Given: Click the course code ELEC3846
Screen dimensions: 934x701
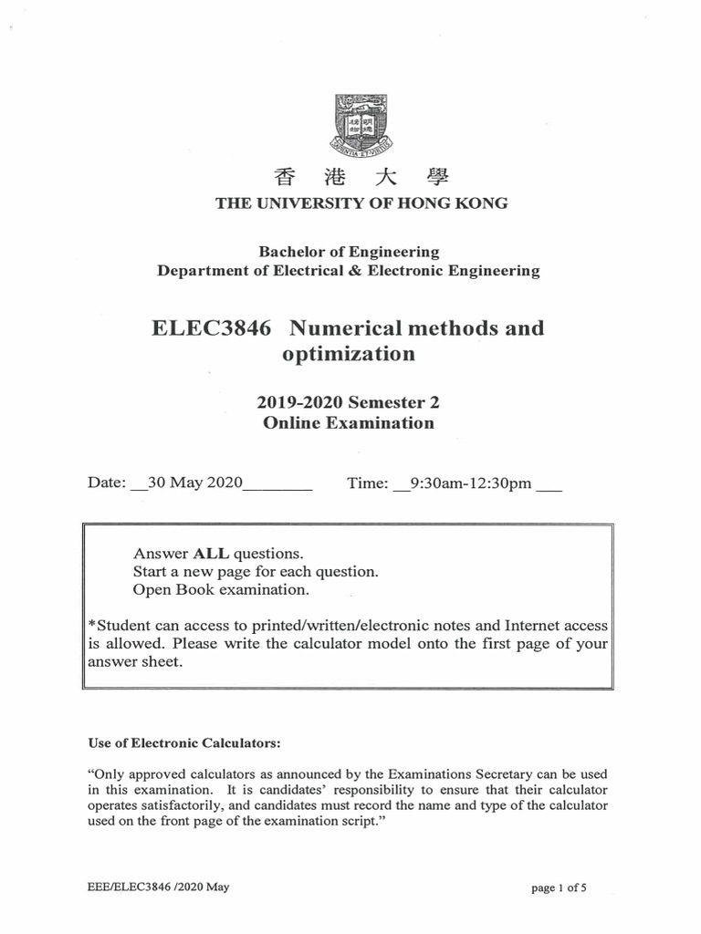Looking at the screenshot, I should coord(211,328).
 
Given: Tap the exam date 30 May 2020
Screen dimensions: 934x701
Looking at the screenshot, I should coord(194,484).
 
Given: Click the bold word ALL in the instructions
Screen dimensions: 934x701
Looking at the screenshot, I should coord(212,554).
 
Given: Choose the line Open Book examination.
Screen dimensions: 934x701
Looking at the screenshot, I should coord(221,590).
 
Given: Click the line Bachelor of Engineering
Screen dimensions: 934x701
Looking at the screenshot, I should coord(349,252).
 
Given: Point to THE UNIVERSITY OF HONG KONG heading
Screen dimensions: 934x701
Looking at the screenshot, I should coord(361,203).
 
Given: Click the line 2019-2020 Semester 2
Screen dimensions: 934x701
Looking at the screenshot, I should coord(349,401).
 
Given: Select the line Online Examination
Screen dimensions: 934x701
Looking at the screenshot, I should coord(349,423).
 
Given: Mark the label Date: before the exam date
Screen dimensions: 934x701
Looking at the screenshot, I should coord(107,484).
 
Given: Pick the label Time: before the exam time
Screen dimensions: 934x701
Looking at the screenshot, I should coord(368,484).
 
